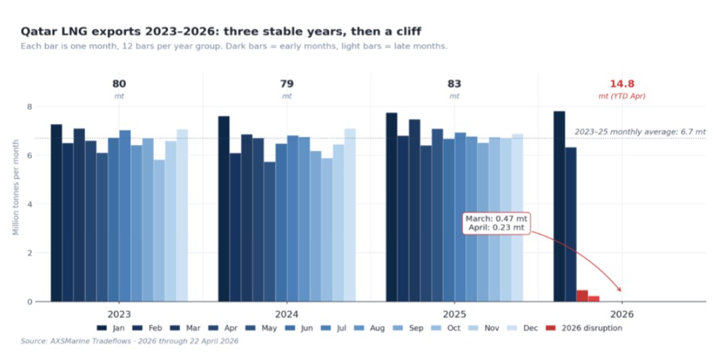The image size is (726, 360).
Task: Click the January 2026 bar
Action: (x=559, y=206)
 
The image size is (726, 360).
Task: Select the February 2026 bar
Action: (x=571, y=224)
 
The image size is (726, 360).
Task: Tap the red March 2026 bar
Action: (x=582, y=295)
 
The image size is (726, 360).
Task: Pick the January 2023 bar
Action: (x=57, y=212)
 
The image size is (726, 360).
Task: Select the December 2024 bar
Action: (x=350, y=215)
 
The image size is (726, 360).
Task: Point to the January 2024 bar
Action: (x=224, y=209)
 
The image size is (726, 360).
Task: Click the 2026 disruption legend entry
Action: (x=584, y=328)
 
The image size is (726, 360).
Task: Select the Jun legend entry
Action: (x=301, y=328)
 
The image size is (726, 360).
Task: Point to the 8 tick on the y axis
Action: (x=29, y=107)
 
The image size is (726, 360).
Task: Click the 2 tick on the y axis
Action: (x=29, y=253)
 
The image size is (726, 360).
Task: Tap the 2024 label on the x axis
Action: (x=286, y=315)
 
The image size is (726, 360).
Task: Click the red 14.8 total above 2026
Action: (x=622, y=84)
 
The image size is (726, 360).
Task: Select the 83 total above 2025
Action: (x=454, y=84)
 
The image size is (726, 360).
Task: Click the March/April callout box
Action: (x=496, y=223)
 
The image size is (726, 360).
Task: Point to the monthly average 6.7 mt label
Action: (x=640, y=132)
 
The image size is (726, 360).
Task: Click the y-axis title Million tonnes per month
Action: (x=16, y=187)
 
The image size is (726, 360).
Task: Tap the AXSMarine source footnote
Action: (x=129, y=342)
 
